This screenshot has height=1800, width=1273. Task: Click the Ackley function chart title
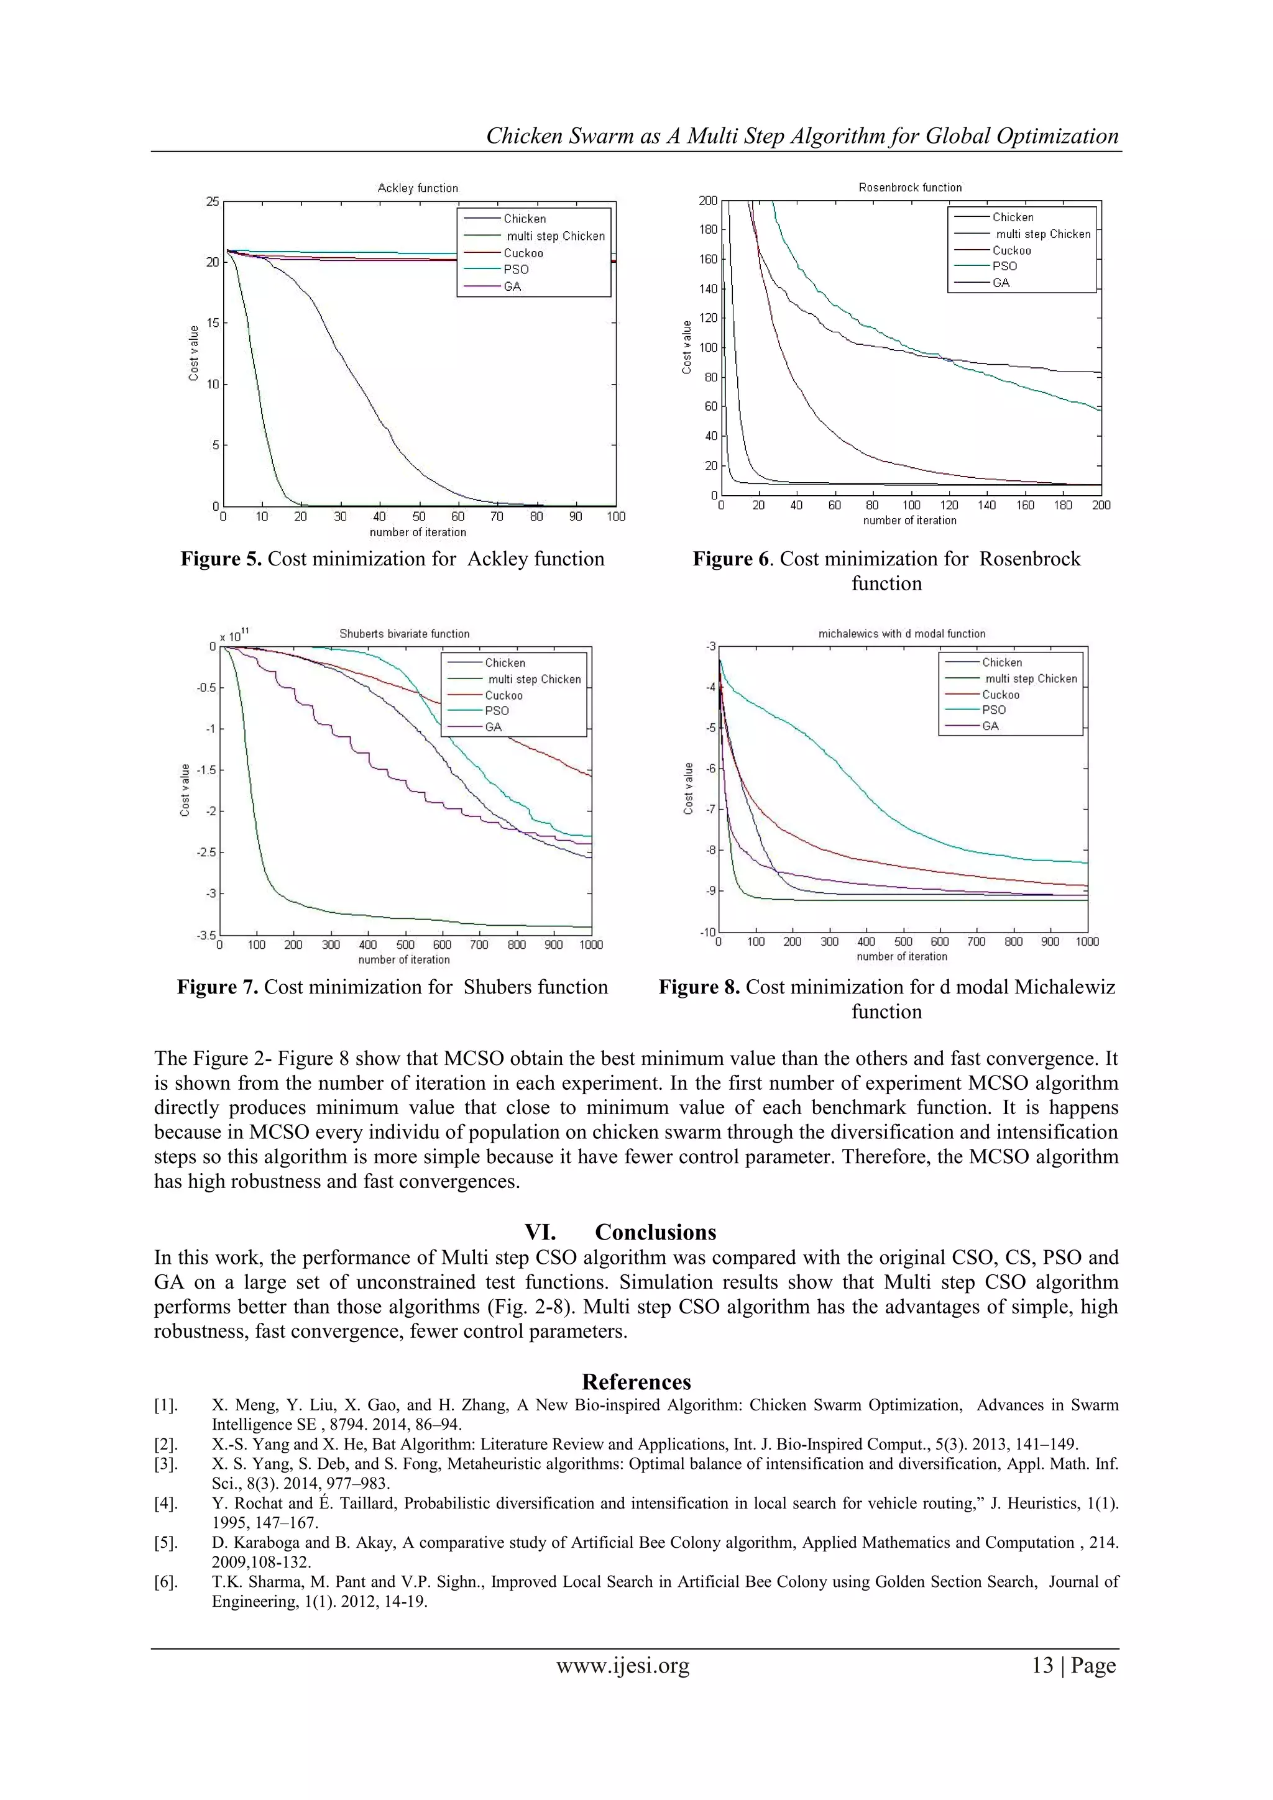(417, 188)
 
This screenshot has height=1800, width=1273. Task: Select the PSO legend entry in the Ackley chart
(515, 269)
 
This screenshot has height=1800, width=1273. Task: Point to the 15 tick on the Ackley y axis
(213, 323)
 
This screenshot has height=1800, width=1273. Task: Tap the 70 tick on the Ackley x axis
(497, 516)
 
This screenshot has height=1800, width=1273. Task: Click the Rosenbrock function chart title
(910, 188)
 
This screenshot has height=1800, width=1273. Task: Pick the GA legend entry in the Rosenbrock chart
(1001, 282)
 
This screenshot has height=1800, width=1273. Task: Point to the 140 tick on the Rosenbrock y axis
(707, 288)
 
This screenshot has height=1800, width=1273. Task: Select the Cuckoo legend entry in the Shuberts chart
(503, 695)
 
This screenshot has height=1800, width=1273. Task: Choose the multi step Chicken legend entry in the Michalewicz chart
(1031, 679)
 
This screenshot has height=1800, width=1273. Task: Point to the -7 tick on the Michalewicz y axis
(710, 809)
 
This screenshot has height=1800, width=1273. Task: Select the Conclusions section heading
(655, 1232)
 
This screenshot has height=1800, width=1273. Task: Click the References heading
(636, 1382)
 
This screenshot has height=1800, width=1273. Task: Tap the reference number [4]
(165, 1504)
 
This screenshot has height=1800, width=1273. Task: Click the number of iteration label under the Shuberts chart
(404, 959)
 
